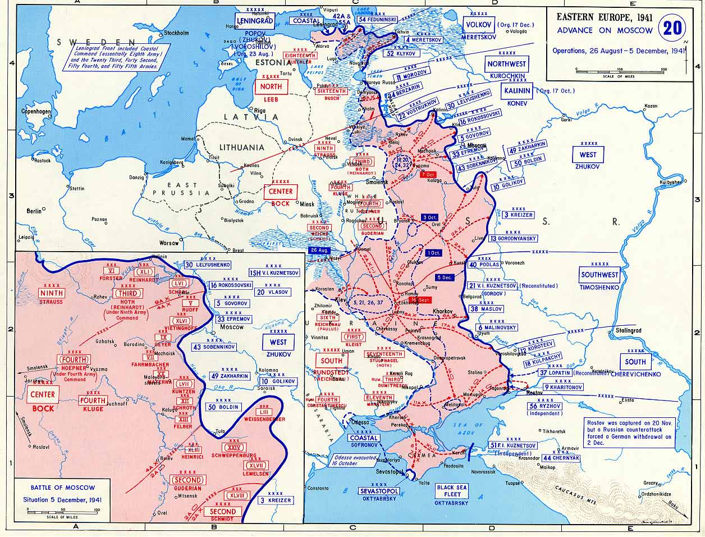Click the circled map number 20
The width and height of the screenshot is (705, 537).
pyautogui.click(x=673, y=29)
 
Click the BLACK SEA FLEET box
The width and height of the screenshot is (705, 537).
pyautogui.click(x=452, y=491)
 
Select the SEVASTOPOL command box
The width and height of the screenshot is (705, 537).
pyautogui.click(x=379, y=491)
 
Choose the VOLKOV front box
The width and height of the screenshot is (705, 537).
pyautogui.click(x=479, y=24)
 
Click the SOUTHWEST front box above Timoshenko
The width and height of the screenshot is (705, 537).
pyautogui.click(x=599, y=275)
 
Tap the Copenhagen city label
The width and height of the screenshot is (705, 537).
pyautogui.click(x=36, y=112)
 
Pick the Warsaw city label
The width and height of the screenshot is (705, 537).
pyautogui.click(x=168, y=244)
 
